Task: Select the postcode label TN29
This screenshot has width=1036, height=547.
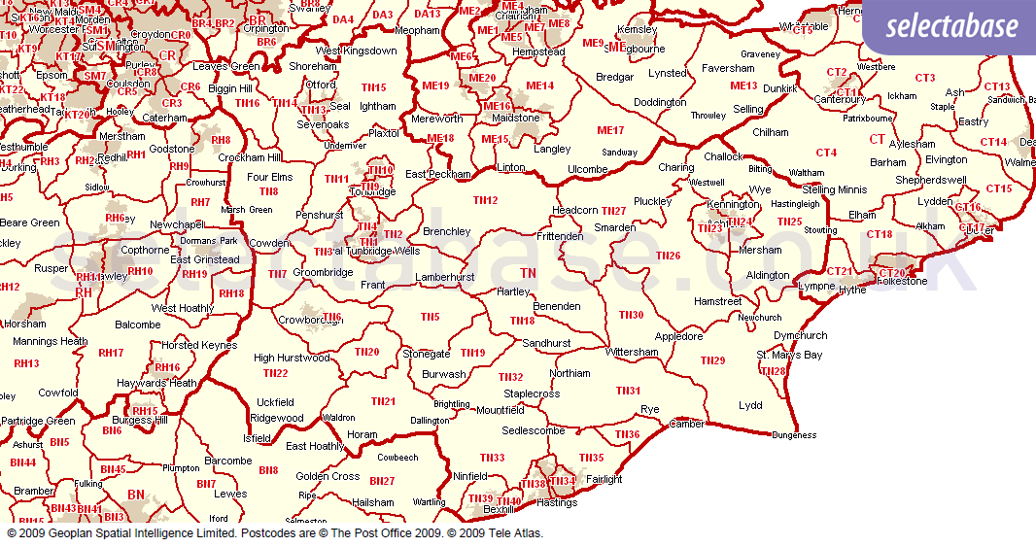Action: pyautogui.click(x=712, y=360)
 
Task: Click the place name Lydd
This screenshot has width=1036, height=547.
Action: pyautogui.click(x=750, y=405)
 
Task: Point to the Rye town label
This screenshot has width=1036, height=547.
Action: pyautogui.click(x=649, y=410)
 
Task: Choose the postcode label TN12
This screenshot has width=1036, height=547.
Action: pyautogui.click(x=485, y=200)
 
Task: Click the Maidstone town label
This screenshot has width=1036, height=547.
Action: pyautogui.click(x=516, y=118)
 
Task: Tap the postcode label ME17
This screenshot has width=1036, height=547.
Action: pyautogui.click(x=610, y=130)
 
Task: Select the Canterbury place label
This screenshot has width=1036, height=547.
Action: pyautogui.click(x=840, y=99)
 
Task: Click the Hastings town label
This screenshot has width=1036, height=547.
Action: pyautogui.click(x=556, y=502)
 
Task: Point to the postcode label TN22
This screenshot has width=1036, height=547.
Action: pyautogui.click(x=275, y=373)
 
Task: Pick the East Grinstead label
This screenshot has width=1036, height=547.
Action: pyautogui.click(x=204, y=259)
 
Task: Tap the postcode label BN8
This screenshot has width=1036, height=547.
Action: pyautogui.click(x=268, y=470)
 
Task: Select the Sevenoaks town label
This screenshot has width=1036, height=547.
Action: pyautogui.click(x=323, y=124)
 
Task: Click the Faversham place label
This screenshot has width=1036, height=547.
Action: pyautogui.click(x=728, y=69)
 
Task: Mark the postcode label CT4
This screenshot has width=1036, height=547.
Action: pyautogui.click(x=826, y=153)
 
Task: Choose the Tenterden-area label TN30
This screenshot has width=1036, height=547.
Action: pyautogui.click(x=631, y=315)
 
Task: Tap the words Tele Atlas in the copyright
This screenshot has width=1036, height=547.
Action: pyautogui.click(x=515, y=533)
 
